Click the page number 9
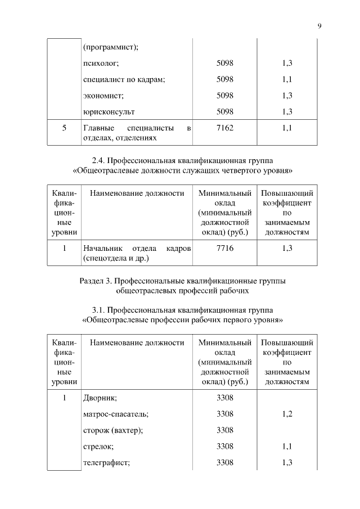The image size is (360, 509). (319, 26)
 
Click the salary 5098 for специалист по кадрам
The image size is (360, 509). (224, 79)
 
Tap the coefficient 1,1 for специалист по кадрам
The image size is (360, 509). (287, 79)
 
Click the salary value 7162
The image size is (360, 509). (224, 128)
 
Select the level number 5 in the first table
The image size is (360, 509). (64, 128)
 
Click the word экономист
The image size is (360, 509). (103, 96)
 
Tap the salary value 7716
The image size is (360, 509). (224, 248)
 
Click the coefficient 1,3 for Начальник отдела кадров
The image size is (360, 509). (287, 248)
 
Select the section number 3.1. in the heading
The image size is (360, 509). (100, 310)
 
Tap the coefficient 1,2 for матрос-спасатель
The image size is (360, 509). (287, 414)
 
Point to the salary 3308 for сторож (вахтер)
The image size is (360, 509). (224, 430)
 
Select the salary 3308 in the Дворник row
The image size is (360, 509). (224, 398)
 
